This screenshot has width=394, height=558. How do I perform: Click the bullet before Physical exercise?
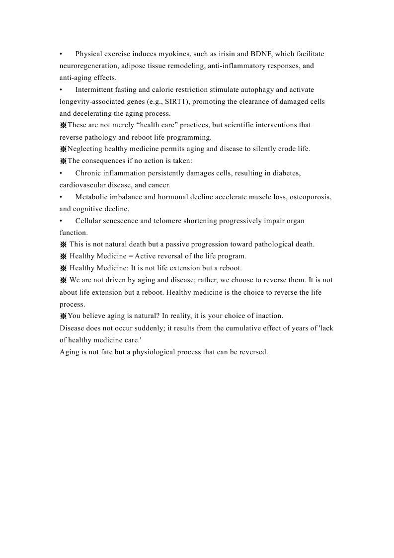[x=61, y=54]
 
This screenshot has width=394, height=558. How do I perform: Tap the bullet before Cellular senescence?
[x=61, y=221]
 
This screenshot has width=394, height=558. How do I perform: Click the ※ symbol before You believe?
[x=63, y=316]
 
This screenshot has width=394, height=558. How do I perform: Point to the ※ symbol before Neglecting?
[x=63, y=149]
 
